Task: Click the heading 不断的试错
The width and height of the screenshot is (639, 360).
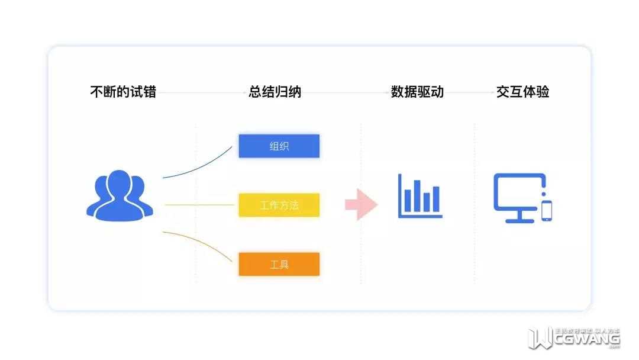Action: coord(123,92)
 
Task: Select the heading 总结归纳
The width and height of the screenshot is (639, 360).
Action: coord(275,92)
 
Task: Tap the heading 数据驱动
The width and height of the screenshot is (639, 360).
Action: coord(417,92)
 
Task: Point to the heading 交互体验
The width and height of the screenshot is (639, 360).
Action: coord(523,92)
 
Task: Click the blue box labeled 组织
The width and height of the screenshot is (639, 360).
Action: coord(279,146)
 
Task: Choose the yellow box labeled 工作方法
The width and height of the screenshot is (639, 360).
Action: coord(279,205)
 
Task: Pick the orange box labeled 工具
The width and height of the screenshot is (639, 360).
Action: coord(279,264)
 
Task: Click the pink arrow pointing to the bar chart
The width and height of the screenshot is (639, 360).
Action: coord(361,204)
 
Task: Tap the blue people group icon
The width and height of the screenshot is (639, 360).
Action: coord(120,196)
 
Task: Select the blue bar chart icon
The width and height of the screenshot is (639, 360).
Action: coord(420,195)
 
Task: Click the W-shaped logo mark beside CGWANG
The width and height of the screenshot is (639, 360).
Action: coord(539,338)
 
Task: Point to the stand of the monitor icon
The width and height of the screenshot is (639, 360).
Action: coord(519,218)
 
